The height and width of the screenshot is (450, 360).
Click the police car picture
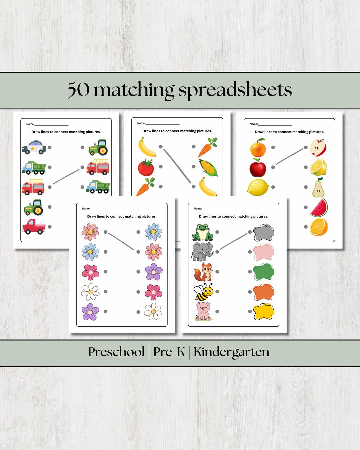pyautogui.click(x=34, y=147)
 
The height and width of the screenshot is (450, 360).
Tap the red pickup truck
pyautogui.click(x=34, y=227)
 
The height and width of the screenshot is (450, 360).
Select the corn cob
pyautogui.click(x=208, y=167)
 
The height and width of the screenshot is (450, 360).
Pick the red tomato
pyautogui.click(x=146, y=167)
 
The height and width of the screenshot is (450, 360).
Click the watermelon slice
pyautogui.click(x=319, y=207)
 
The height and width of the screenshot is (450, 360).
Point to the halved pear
pyautogui.click(x=318, y=187)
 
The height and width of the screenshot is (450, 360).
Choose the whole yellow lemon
pyautogui.click(x=258, y=188)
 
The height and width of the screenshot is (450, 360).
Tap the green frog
pyautogui.click(x=203, y=232)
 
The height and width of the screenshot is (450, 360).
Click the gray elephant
pyautogui.click(x=202, y=252)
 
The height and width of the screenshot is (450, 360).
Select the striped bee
pyautogui.click(x=203, y=291)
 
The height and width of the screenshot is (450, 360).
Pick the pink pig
pyautogui.click(x=203, y=311)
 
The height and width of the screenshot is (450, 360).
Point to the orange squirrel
pyautogui.click(x=203, y=272)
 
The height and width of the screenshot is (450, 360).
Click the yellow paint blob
pyautogui.click(x=264, y=312)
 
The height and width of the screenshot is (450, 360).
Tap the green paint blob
pyautogui.click(x=264, y=272)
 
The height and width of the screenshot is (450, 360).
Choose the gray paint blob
pyautogui.click(x=264, y=233)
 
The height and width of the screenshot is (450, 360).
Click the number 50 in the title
pyautogui.click(x=79, y=90)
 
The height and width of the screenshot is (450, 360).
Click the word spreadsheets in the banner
pyautogui.click(x=235, y=90)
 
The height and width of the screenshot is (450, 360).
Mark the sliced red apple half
pyautogui.click(x=318, y=148)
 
